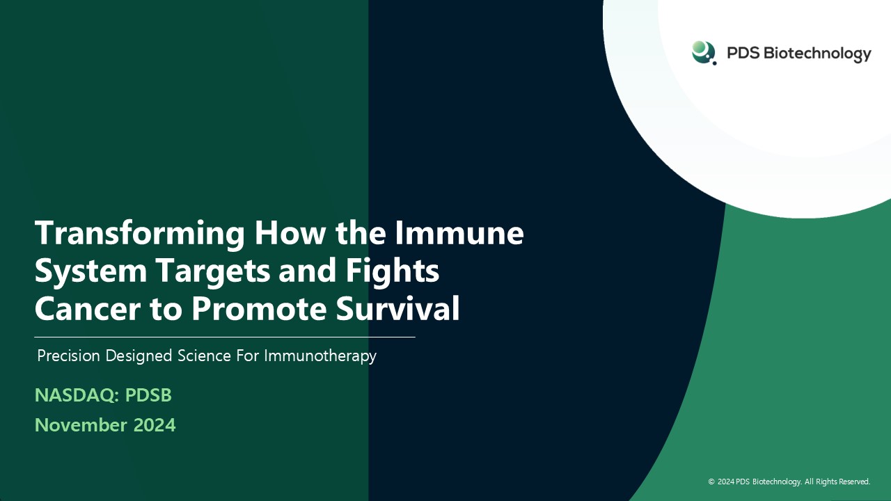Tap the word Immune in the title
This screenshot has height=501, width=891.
click(x=459, y=232)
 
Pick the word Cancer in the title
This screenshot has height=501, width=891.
click(x=88, y=308)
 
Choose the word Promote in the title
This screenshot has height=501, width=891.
click(x=259, y=308)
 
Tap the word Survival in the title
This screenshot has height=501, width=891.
click(x=397, y=308)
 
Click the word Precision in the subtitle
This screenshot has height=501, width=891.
click(x=68, y=356)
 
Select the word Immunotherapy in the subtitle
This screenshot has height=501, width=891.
click(x=320, y=356)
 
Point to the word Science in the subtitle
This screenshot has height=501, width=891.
click(x=204, y=356)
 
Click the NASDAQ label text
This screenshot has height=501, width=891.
click(x=77, y=395)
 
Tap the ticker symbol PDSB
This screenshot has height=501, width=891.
click(x=148, y=395)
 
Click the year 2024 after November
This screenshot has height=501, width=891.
click(x=155, y=425)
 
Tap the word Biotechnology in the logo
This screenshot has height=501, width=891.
click(x=817, y=54)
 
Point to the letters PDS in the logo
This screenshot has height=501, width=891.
click(x=743, y=53)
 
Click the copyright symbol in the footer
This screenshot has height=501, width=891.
click(x=711, y=482)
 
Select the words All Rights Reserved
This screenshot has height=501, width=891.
click(x=837, y=482)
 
